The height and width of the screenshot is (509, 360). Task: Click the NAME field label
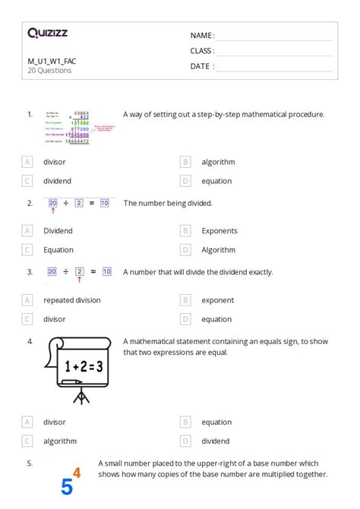202,36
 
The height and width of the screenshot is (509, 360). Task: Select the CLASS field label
202,51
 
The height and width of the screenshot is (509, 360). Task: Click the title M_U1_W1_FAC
52,61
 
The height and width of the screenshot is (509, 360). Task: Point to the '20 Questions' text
49,71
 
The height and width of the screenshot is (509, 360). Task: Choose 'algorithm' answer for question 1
218,162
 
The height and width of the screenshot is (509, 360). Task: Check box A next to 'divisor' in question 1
27,162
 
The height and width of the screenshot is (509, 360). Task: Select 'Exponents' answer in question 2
219,231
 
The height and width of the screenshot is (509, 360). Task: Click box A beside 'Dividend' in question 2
27,231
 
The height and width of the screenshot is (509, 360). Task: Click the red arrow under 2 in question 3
79,279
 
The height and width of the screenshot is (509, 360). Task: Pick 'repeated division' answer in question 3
72,300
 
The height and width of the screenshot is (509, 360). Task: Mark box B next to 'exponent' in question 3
185,300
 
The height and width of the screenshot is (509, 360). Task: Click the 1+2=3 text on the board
83,367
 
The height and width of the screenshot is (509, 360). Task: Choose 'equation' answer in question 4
216,422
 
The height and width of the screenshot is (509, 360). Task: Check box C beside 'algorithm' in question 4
27,441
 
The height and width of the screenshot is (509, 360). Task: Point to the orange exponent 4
76,473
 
